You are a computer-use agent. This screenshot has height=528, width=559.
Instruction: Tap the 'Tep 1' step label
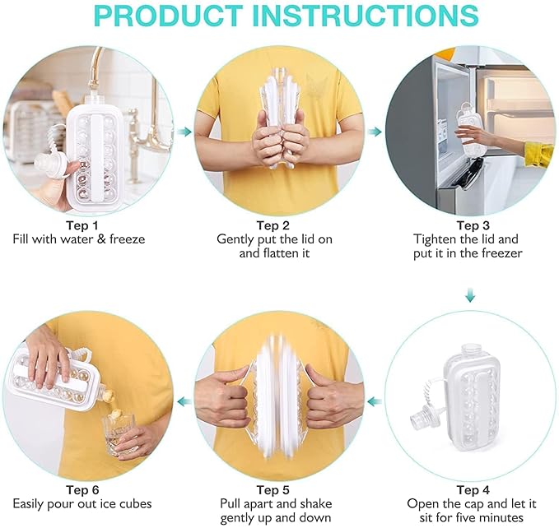tap(82, 225)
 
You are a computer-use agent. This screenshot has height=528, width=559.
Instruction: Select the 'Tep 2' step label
tap(273, 225)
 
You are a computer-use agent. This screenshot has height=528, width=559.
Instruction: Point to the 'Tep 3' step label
tap(468, 225)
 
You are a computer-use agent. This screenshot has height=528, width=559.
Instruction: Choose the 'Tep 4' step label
tap(468, 490)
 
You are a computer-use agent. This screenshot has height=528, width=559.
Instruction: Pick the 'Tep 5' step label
tap(273, 490)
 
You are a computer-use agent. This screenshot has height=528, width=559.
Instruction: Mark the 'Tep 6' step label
tap(82, 490)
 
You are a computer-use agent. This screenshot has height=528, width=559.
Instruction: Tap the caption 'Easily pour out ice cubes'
tap(82, 504)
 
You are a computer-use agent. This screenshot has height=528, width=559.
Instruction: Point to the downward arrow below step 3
tap(470, 295)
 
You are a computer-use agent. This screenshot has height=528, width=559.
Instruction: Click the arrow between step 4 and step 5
tap(375, 401)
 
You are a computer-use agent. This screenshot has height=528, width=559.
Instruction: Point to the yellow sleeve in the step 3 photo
tap(538, 154)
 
